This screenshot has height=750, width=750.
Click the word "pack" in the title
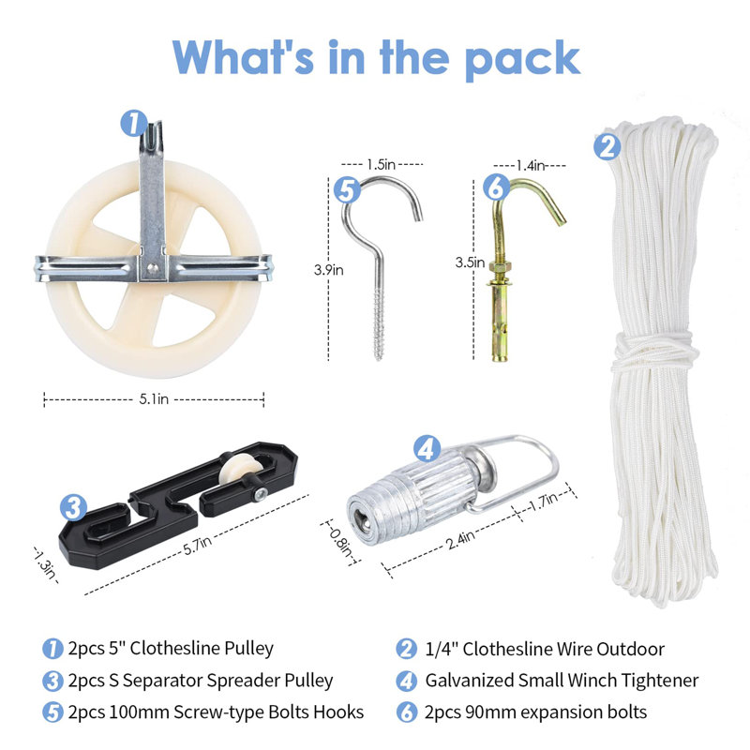coord(522,60)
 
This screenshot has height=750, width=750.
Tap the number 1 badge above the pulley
coord(133,124)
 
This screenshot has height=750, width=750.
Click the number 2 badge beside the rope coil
coord(607,147)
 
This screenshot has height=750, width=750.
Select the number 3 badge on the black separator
coord(74,507)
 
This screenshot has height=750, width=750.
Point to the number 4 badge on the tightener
coord(427,448)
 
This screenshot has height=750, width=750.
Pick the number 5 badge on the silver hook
coord(347,190)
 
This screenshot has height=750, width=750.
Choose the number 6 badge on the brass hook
coord(497,187)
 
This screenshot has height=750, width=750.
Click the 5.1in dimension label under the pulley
coord(154,399)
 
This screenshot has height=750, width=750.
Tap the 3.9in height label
coord(329,270)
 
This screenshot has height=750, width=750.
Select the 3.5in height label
coord(470,262)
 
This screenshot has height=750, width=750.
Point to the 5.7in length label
coord(197,546)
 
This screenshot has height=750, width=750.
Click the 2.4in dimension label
coord(460,541)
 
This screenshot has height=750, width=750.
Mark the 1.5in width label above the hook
coord(382,165)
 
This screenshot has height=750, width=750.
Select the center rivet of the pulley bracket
coord(153,269)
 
